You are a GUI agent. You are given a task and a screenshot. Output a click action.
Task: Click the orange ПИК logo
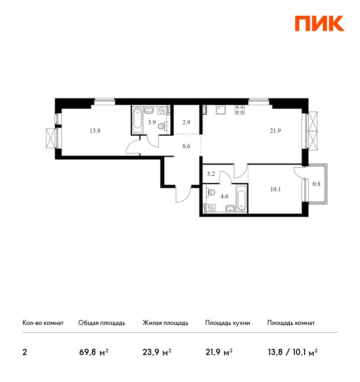pyautogui.click(x=319, y=23)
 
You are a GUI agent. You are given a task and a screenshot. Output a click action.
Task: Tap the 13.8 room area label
pyautogui.click(x=95, y=131)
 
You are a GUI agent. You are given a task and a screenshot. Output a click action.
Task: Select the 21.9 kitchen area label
pyautogui.click(x=275, y=131)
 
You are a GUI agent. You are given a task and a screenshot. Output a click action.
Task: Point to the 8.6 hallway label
pyautogui.click(x=186, y=146)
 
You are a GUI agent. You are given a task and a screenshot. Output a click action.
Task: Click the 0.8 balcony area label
pyautogui.click(x=316, y=184)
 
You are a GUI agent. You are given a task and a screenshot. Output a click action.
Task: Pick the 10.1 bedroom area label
pyautogui.click(x=275, y=189)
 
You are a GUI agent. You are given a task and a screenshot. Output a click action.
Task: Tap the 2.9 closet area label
pyautogui.click(x=186, y=122)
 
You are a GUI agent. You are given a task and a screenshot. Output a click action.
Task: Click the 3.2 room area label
pyautogui.click(x=211, y=174)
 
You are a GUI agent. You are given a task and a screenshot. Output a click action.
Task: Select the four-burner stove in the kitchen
pyautogui.click(x=240, y=110)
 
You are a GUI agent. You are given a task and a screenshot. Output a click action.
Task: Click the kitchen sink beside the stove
pyautogui.click(x=221, y=110)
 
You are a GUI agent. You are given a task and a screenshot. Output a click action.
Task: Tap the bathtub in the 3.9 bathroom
pyautogui.click(x=137, y=120)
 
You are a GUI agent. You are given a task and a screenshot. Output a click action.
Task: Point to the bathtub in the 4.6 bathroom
pyautogui.click(x=241, y=198)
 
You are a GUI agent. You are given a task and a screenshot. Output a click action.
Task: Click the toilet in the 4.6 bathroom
pyautogui.click(x=211, y=192)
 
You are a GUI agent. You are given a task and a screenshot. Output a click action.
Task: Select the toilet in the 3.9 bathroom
pyautogui.click(x=162, y=126)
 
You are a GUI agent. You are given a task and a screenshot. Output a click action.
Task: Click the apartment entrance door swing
pyautogui.click(x=183, y=194)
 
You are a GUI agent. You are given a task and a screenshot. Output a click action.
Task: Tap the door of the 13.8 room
pyautogui.click(x=133, y=147)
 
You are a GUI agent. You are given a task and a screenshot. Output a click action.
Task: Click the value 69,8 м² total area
pyautogui.click(x=94, y=352)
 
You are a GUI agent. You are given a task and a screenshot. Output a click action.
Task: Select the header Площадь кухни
pyautogui.click(x=228, y=323)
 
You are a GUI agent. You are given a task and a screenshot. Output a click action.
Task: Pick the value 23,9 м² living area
pyautogui.click(x=157, y=352)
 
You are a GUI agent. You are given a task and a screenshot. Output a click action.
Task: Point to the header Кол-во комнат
pyautogui.click(x=43, y=323)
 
